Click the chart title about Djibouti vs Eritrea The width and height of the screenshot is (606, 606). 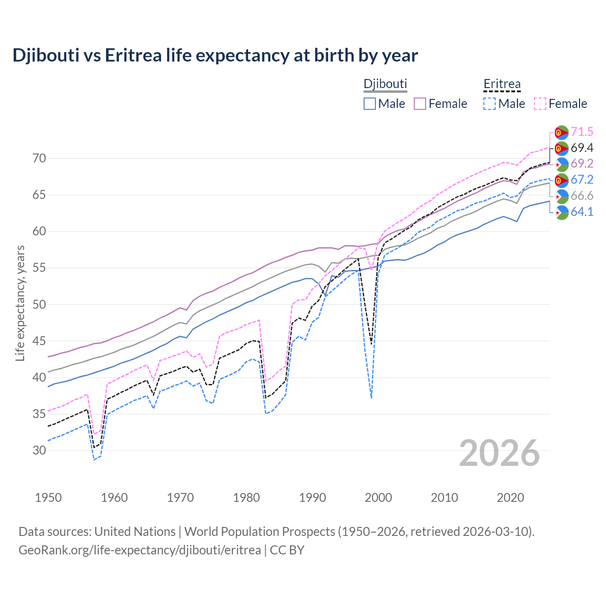(x=215, y=55)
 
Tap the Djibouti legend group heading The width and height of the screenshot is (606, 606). (x=385, y=84)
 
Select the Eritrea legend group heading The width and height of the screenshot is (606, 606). (x=502, y=84)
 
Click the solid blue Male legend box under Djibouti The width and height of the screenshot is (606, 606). (x=370, y=104)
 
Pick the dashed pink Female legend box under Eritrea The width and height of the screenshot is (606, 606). (x=540, y=104)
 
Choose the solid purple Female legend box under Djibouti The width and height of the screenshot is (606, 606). (x=420, y=104)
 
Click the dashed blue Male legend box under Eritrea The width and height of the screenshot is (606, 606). (x=490, y=104)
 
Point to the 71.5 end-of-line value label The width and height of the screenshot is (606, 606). (x=582, y=132)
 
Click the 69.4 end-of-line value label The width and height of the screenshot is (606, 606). (x=582, y=148)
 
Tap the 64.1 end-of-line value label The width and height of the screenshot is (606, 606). (x=582, y=212)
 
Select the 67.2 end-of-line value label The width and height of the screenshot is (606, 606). (x=582, y=179)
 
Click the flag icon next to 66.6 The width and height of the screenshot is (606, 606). (x=561, y=196)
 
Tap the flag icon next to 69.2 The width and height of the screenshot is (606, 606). (x=561, y=164)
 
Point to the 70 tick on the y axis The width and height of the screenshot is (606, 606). (x=39, y=158)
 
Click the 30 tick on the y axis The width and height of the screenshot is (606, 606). (x=39, y=450)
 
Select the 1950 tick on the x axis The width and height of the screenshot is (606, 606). (x=48, y=498)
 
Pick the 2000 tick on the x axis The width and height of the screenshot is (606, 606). (x=378, y=498)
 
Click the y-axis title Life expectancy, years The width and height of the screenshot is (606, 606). (x=20, y=303)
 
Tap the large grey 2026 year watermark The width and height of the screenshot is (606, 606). (x=499, y=453)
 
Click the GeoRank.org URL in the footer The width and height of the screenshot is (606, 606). (x=140, y=550)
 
